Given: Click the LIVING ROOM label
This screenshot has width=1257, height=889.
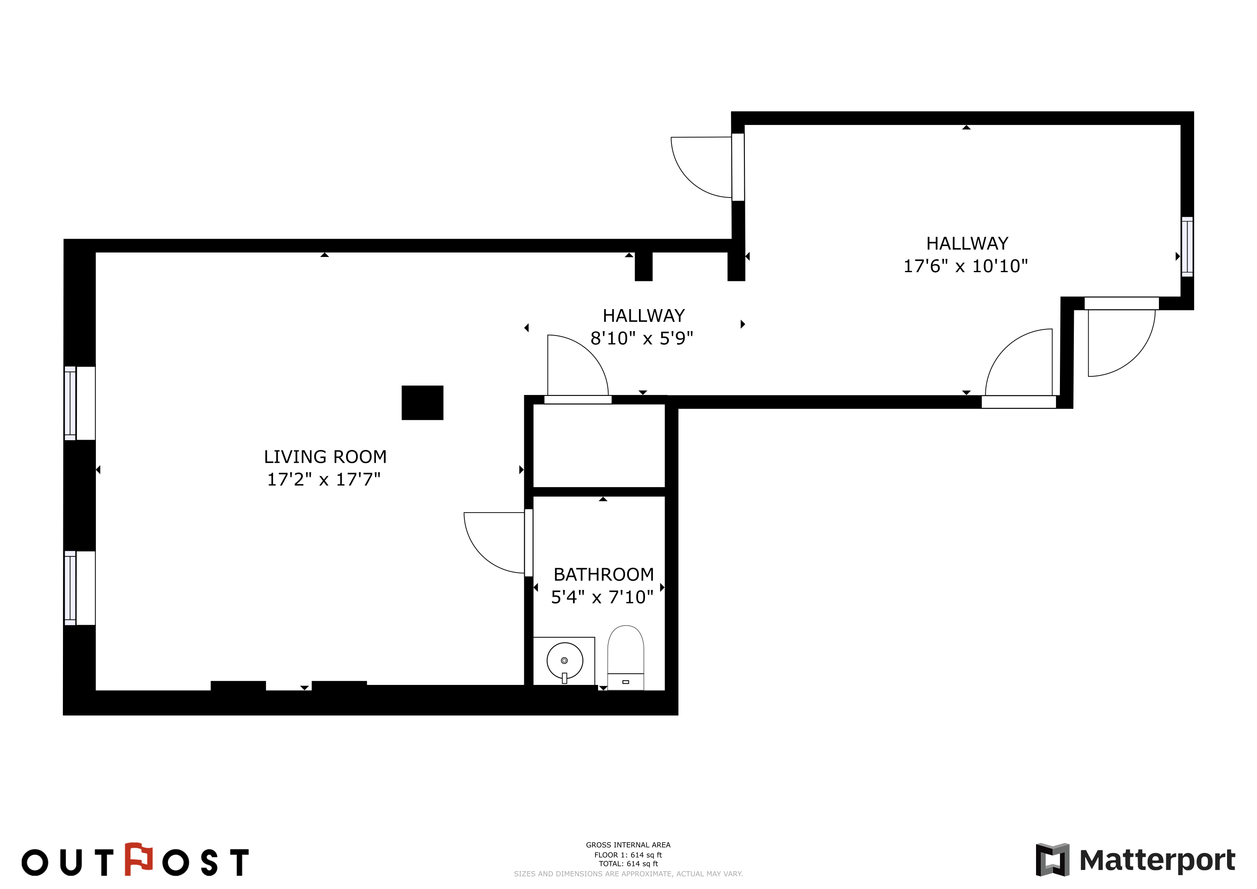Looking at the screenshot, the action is point(325,457).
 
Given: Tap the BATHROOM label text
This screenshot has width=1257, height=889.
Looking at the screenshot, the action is point(603,574).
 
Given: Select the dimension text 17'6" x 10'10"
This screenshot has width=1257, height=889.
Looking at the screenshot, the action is point(966,266).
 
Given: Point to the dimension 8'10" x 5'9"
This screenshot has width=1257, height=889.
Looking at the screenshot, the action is point(642,338).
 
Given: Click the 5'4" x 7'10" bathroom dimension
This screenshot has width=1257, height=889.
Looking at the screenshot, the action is point(602,597).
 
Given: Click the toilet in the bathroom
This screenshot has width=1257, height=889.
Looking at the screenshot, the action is point(626,658).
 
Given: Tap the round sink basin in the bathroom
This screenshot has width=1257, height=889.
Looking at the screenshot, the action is point(564,661).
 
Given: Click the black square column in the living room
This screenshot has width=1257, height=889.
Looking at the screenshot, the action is point(422,403).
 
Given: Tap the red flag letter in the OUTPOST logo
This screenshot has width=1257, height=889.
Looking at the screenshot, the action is point(138,859).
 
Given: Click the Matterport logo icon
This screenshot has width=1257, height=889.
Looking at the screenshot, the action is point(1052,860).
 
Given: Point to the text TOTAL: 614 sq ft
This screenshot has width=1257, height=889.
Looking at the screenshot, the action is point(628,864).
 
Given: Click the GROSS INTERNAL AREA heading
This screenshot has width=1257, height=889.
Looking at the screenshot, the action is point(628,845).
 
